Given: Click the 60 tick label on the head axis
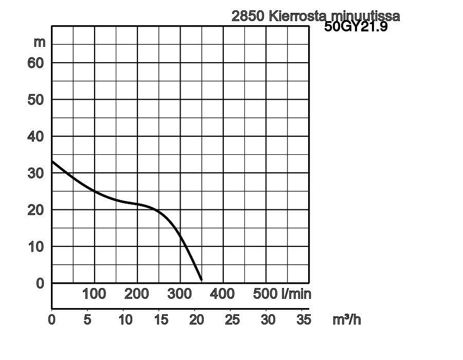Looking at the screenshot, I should [x=36, y=63].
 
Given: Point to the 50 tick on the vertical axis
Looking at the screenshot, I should [x=36, y=100].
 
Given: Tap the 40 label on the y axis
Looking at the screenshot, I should [x=36, y=137].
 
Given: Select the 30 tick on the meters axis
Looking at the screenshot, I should [x=36, y=173].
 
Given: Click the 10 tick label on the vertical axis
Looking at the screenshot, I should [x=36, y=247].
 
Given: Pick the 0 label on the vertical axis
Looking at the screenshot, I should [x=40, y=283].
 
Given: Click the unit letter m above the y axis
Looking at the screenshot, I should [x=40, y=42].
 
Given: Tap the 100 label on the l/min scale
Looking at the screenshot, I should [x=94, y=294].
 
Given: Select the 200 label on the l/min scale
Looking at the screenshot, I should [x=137, y=294].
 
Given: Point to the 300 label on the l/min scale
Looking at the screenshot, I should [x=180, y=294].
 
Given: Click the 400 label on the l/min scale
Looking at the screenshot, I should [x=222, y=294].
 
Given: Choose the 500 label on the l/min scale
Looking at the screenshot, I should [x=265, y=294].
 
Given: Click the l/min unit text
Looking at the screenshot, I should [x=296, y=294].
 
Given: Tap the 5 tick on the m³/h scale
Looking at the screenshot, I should [x=87, y=320].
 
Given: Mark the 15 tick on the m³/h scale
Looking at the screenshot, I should [x=161, y=320].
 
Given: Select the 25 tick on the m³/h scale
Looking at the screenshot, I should [x=233, y=320].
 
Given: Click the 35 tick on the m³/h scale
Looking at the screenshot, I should [x=304, y=320].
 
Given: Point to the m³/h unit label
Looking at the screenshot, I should [x=347, y=320].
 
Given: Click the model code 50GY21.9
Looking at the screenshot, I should [x=356, y=27].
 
